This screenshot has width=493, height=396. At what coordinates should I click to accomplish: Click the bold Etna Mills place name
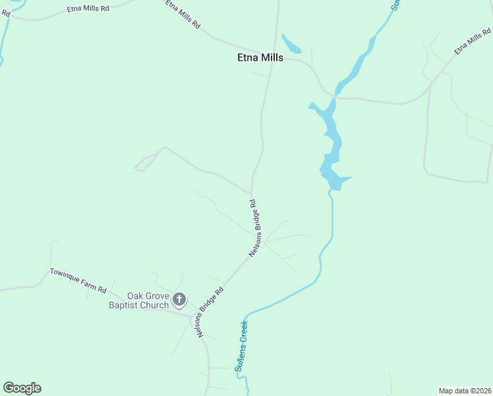tap(260, 57)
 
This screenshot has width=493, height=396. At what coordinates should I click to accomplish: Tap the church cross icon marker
tap(179, 301)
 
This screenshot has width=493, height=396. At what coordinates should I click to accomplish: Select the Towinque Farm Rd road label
tap(78, 280)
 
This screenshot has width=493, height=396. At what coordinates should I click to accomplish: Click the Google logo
tap(22, 388)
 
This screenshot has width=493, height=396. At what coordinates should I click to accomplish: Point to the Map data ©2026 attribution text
tap(465, 391)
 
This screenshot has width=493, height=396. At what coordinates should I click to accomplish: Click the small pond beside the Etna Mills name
tap(291, 45)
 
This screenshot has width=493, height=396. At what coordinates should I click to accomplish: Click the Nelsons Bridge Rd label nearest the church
tap(210, 312)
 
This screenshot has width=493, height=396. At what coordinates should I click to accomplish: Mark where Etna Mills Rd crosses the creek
tap(335, 96)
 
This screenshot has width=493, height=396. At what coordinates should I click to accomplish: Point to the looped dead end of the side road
tap(140, 168)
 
